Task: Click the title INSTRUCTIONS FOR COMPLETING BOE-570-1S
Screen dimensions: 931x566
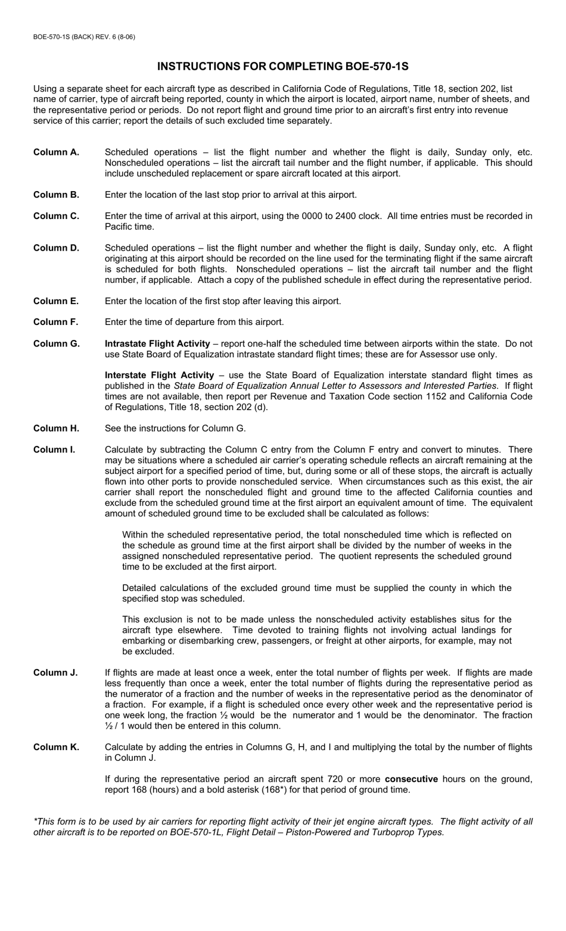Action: pyautogui.click(x=282, y=66)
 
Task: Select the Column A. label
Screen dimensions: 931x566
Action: pyautogui.click(x=56, y=152)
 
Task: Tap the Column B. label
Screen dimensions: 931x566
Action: pyautogui.click(x=56, y=195)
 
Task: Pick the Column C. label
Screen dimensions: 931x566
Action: pyautogui.click(x=56, y=216)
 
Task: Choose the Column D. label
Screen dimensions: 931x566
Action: pyautogui.click(x=56, y=248)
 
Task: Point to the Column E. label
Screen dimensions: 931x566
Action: pyautogui.click(x=56, y=301)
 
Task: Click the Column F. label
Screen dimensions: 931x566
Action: pyautogui.click(x=56, y=322)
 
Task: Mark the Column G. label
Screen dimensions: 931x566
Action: pyautogui.click(x=56, y=343)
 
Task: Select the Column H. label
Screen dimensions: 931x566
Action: pyautogui.click(x=56, y=429)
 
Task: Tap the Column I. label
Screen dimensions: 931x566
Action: pyautogui.click(x=54, y=449)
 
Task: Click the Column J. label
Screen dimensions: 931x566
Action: pyautogui.click(x=55, y=673)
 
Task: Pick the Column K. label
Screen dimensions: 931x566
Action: pyautogui.click(x=56, y=747)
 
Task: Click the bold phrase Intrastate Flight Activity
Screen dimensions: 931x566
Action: pyautogui.click(x=157, y=343)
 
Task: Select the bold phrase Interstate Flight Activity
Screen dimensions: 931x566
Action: pyautogui.click(x=159, y=375)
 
